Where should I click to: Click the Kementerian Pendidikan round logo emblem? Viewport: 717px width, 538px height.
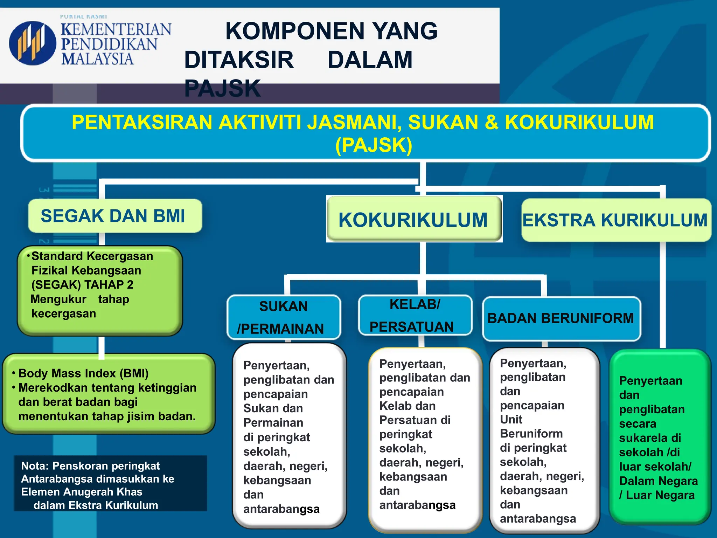pyautogui.click(x=32, y=43)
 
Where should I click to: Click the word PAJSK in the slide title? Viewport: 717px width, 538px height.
pyautogui.click(x=223, y=88)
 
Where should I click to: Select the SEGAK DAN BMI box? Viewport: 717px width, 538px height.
pyautogui.click(x=115, y=216)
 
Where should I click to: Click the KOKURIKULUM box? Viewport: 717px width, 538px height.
pyautogui.click(x=414, y=220)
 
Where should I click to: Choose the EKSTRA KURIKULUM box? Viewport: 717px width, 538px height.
pyautogui.click(x=615, y=220)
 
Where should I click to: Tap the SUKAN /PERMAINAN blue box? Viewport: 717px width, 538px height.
pyautogui.click(x=284, y=317)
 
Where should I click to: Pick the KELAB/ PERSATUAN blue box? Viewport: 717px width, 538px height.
pyautogui.click(x=415, y=315)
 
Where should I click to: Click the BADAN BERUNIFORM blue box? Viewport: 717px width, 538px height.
pyautogui.click(x=561, y=318)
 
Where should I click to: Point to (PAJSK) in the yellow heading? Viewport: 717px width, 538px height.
pyautogui.click(x=374, y=145)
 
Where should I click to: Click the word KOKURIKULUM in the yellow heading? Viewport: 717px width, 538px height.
pyautogui.click(x=579, y=122)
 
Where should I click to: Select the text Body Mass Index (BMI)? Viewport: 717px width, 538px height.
pyautogui.click(x=83, y=373)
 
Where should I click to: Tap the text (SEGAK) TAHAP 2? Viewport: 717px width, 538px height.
pyautogui.click(x=82, y=285)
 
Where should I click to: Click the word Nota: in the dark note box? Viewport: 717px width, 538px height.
pyautogui.click(x=35, y=466)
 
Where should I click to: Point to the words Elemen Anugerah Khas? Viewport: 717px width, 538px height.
pyautogui.click(x=82, y=492)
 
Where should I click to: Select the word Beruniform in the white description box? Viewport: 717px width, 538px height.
pyautogui.click(x=531, y=434)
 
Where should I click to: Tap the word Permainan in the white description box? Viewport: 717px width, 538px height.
pyautogui.click(x=273, y=423)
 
